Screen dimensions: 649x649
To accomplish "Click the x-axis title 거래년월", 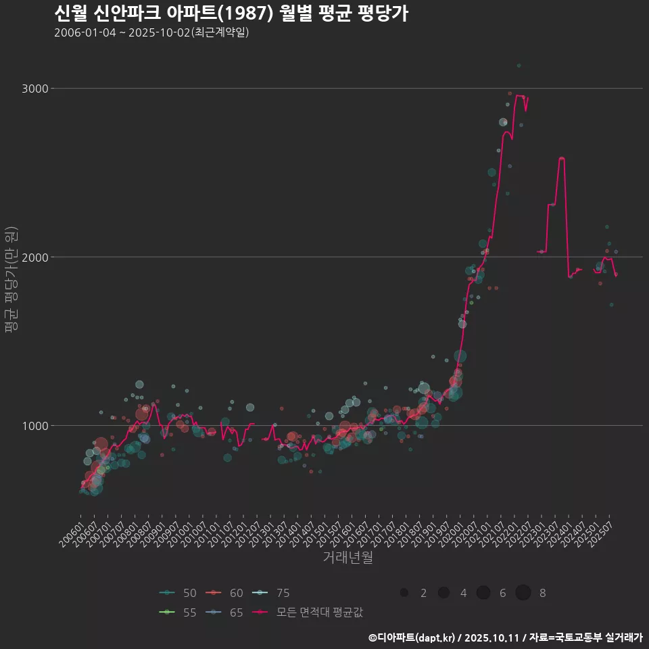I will pyautogui.click(x=347, y=558).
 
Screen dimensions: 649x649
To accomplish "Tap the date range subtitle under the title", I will pyautogui.click(x=151, y=32).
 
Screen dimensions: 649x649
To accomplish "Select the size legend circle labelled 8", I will pyautogui.click(x=523, y=593).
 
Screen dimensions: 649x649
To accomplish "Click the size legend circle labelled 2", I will pyautogui.click(x=404, y=593).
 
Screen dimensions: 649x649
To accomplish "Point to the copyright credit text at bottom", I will pyautogui.click(x=505, y=638).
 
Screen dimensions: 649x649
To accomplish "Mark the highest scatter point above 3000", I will pyautogui.click(x=519, y=66).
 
